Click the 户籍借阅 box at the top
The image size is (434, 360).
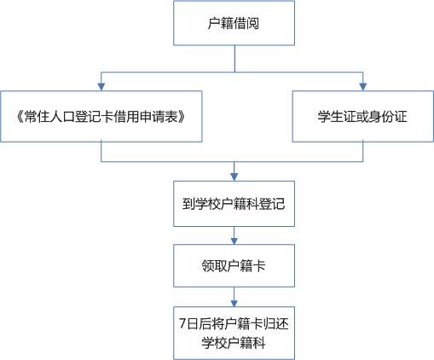click(x=234, y=23)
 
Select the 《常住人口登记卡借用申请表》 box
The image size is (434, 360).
click(x=101, y=116)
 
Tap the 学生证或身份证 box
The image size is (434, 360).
click(x=363, y=116)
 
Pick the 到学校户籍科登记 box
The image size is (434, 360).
click(x=234, y=204)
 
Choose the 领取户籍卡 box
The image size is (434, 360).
click(x=234, y=265)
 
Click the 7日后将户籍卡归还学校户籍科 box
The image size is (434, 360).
click(x=234, y=333)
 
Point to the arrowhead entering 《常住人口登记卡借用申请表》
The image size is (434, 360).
click(x=101, y=87)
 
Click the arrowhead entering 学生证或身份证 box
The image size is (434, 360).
click(x=363, y=87)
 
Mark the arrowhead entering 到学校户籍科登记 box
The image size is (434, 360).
click(x=234, y=177)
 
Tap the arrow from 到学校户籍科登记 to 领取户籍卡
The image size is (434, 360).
click(x=234, y=235)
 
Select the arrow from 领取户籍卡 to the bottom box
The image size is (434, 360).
click(x=234, y=297)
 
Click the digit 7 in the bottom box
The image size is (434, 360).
click(x=182, y=324)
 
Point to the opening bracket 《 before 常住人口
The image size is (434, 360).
click(x=20, y=117)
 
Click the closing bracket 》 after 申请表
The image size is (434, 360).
click(x=182, y=117)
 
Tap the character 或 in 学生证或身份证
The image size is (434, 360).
click(x=362, y=117)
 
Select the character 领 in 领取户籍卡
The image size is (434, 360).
click(x=208, y=266)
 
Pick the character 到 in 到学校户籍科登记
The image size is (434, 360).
click(x=188, y=204)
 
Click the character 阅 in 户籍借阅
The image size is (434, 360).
click(x=253, y=23)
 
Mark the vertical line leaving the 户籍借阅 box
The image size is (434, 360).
click(x=234, y=59)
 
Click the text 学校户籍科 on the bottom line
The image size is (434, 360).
click(x=234, y=343)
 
